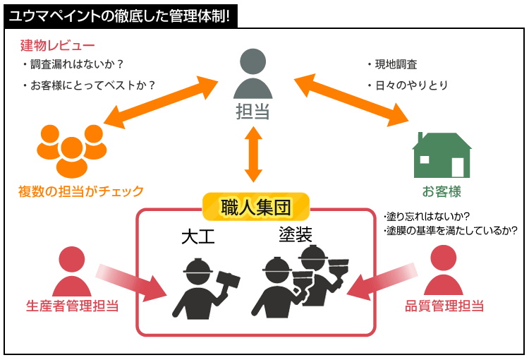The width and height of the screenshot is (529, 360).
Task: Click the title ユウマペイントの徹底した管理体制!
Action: (119, 15)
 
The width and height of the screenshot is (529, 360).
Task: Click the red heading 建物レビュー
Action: (58, 47)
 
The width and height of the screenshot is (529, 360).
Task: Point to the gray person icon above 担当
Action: (253, 75)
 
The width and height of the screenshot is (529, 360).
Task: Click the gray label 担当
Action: (253, 111)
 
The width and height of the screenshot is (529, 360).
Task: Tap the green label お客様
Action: (442, 191)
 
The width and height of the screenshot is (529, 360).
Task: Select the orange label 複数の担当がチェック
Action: (81, 191)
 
